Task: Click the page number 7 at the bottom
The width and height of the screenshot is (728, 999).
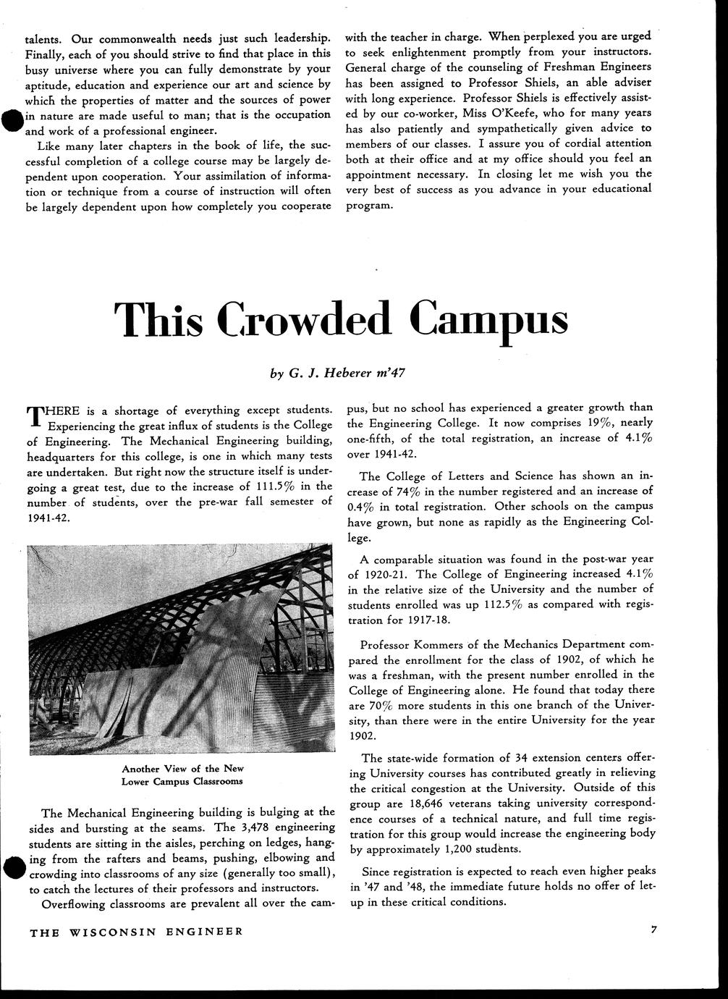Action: click(653, 931)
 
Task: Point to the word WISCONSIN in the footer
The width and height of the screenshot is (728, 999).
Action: click(115, 932)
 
